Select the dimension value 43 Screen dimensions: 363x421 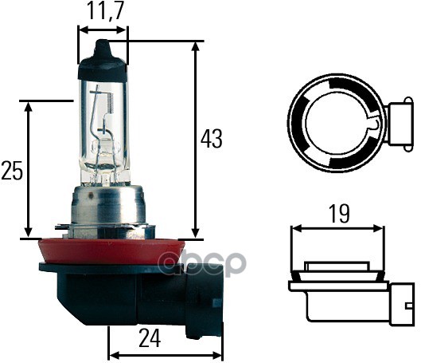click(x=211, y=139)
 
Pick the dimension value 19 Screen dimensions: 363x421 click(x=338, y=213)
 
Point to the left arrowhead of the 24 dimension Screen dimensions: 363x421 click(x=112, y=353)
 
